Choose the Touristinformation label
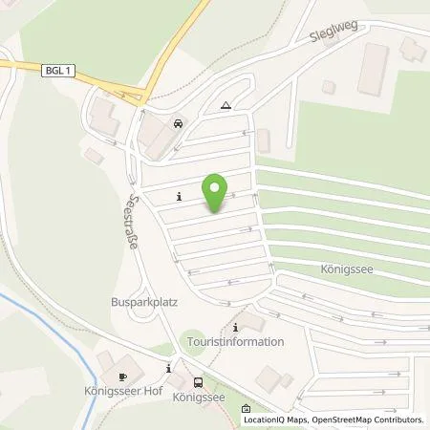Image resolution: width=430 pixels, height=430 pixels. [236, 342]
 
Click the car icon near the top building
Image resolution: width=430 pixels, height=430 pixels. [179, 124]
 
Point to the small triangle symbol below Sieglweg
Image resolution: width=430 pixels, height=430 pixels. [225, 107]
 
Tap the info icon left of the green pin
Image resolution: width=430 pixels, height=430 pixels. [179, 198]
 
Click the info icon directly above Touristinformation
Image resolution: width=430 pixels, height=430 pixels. [235, 327]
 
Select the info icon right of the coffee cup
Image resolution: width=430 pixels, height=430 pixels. [169, 368]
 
